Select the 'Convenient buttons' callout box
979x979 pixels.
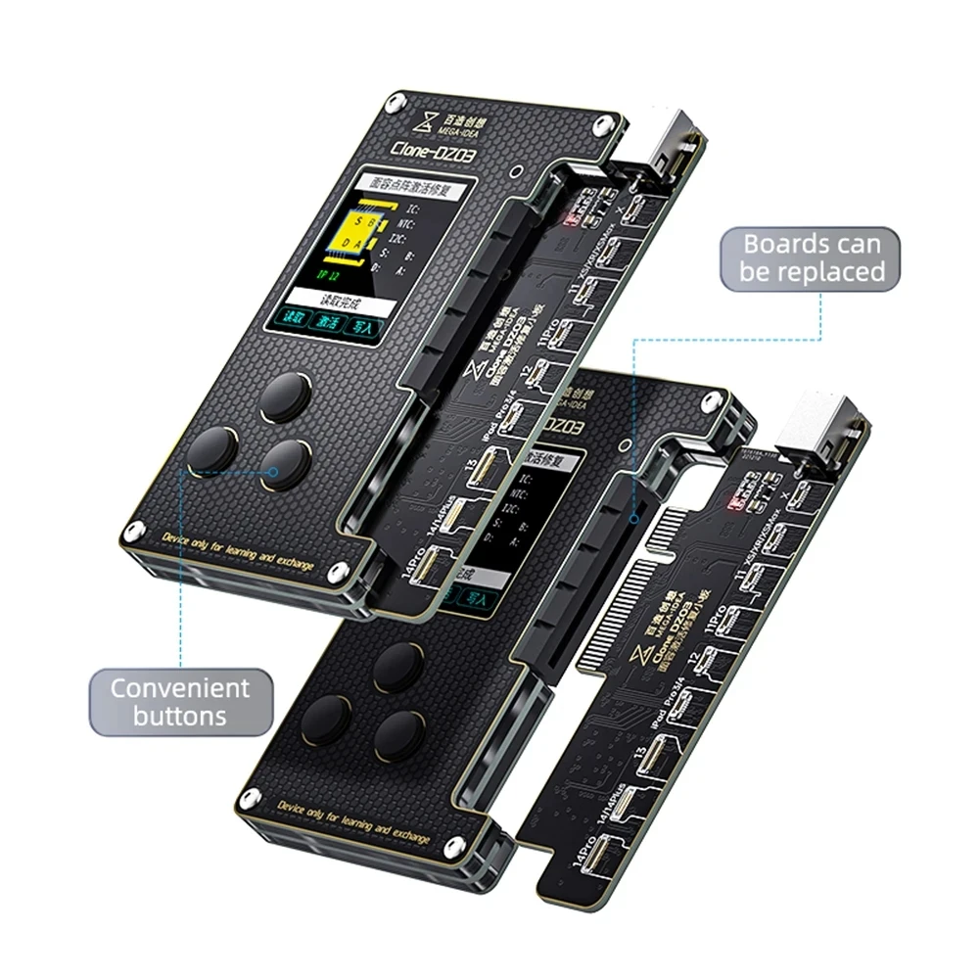pos(179,701)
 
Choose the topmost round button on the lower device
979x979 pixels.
pos(401,663)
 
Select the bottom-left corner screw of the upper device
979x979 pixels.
pos(127,535)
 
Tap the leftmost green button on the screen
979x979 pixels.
pos(293,317)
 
